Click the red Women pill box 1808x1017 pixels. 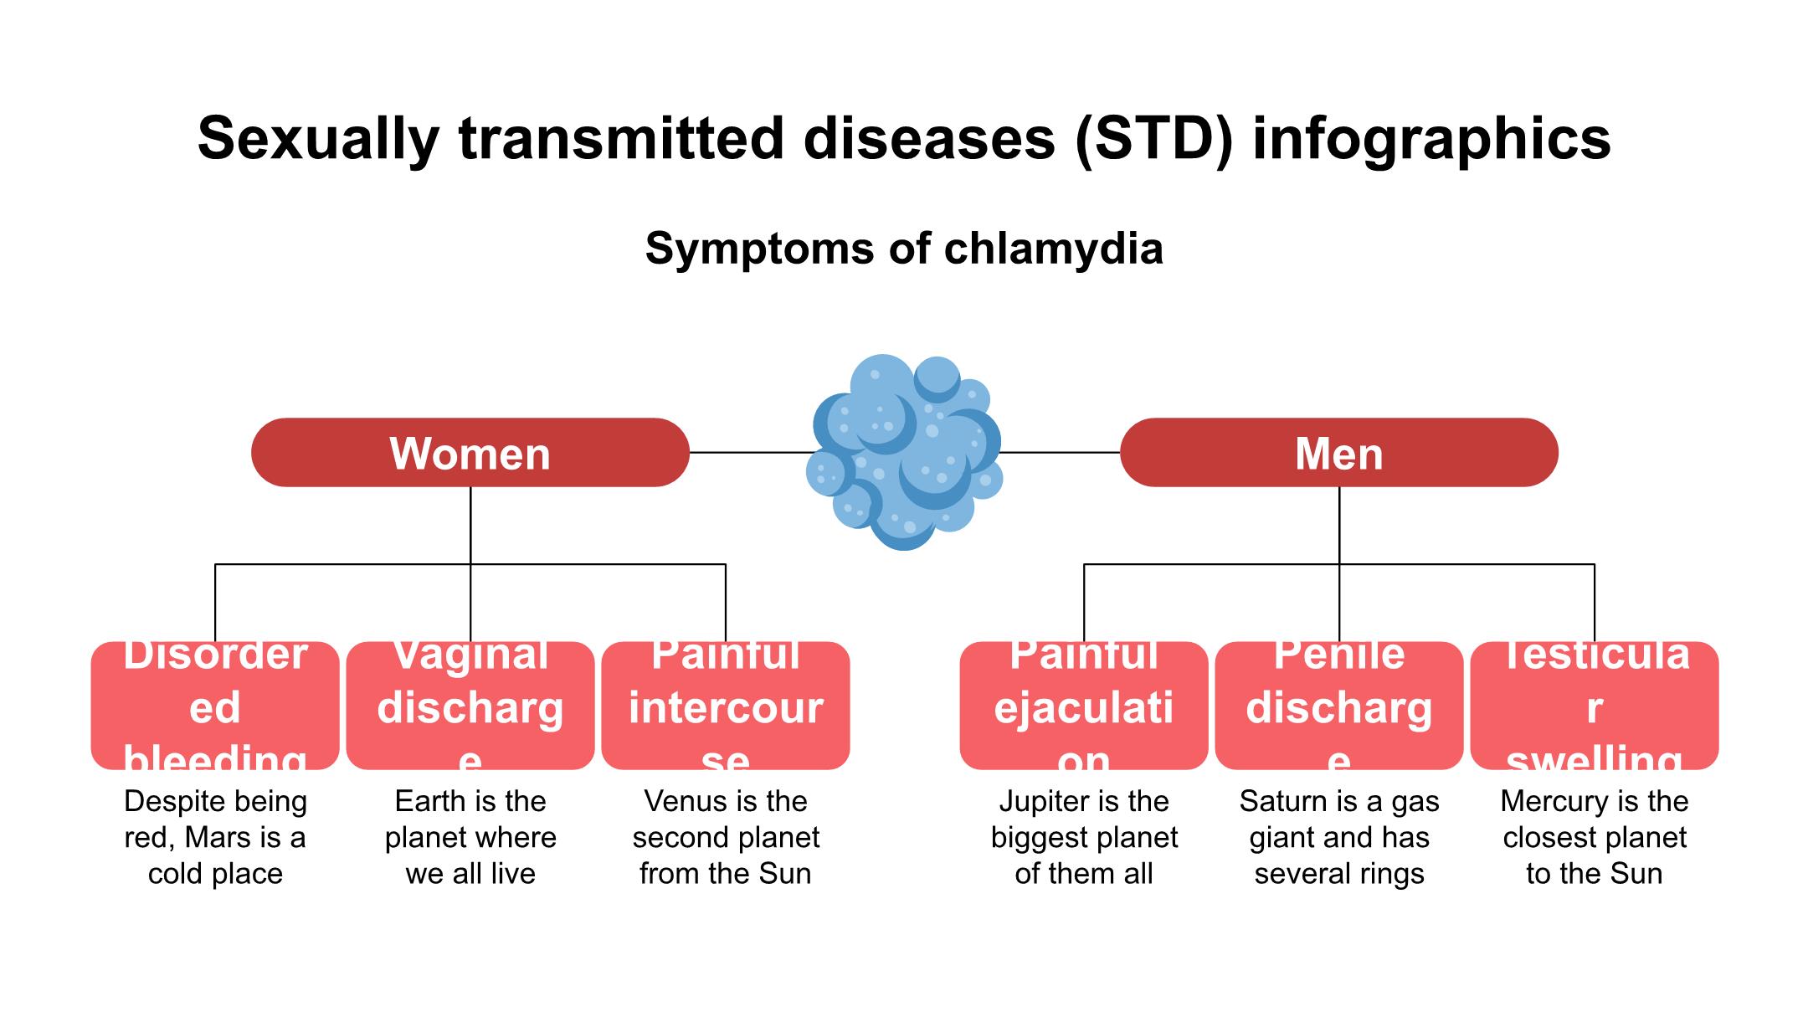click(470, 452)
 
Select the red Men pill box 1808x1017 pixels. click(1338, 452)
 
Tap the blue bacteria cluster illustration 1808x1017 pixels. click(904, 452)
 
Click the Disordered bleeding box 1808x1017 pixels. click(215, 706)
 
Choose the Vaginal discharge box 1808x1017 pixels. click(470, 706)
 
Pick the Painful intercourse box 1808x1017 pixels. click(726, 706)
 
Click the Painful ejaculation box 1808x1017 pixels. click(1084, 706)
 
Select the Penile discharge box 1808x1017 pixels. click(1339, 706)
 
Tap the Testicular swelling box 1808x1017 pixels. click(1595, 706)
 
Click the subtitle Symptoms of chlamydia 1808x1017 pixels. click(904, 249)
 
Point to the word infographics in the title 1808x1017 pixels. click(1431, 138)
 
